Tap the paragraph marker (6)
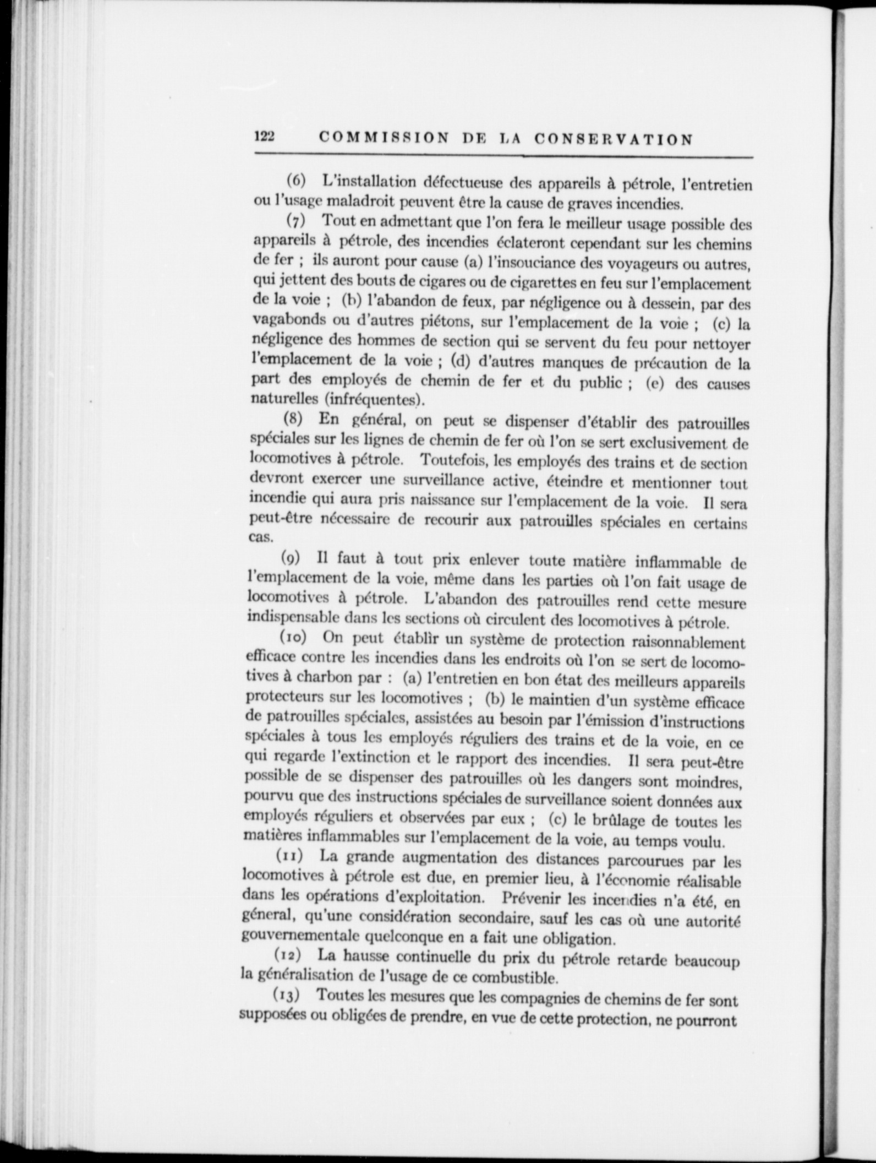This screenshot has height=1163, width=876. [296, 181]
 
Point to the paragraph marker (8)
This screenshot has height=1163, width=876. [293, 419]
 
